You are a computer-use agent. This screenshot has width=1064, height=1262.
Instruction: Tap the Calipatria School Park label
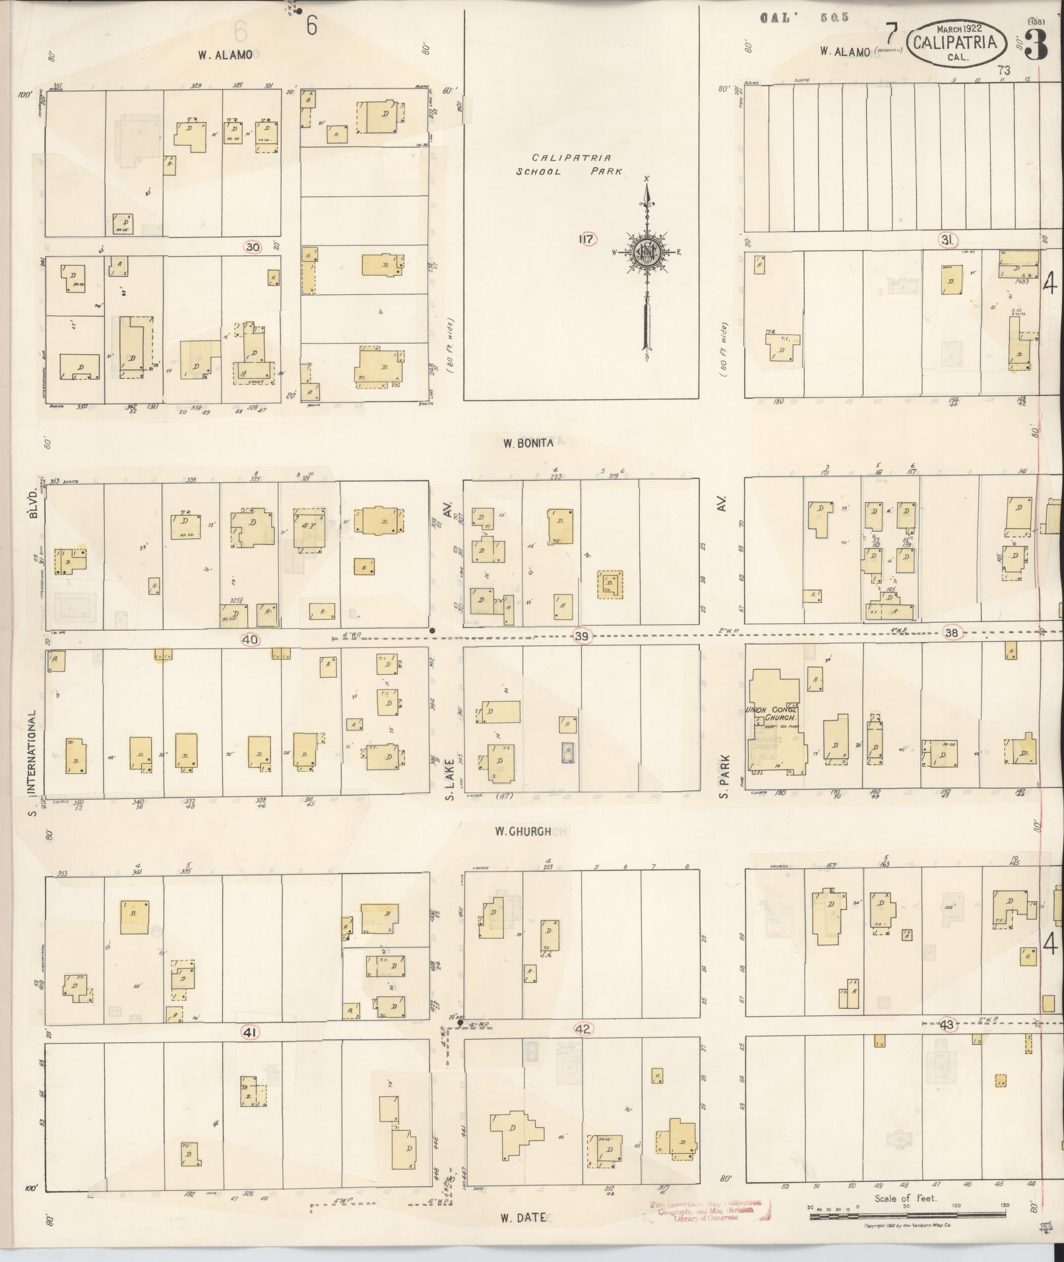coord(571,165)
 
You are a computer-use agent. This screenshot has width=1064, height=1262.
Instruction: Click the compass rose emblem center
coord(647,251)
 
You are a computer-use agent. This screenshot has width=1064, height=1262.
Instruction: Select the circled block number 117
coord(586,239)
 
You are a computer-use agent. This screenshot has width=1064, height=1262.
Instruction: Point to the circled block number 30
coord(253,247)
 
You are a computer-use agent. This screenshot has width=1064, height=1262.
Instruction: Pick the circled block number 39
coord(582,636)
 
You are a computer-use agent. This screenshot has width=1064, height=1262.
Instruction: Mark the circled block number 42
coord(583,1028)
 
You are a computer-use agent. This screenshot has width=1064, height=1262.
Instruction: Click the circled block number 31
coord(947,241)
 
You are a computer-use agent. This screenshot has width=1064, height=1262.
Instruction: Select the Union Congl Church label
coord(772,713)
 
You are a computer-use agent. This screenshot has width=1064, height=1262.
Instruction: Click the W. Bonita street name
coord(528,443)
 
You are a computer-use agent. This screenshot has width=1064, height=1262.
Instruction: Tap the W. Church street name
coord(523,831)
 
